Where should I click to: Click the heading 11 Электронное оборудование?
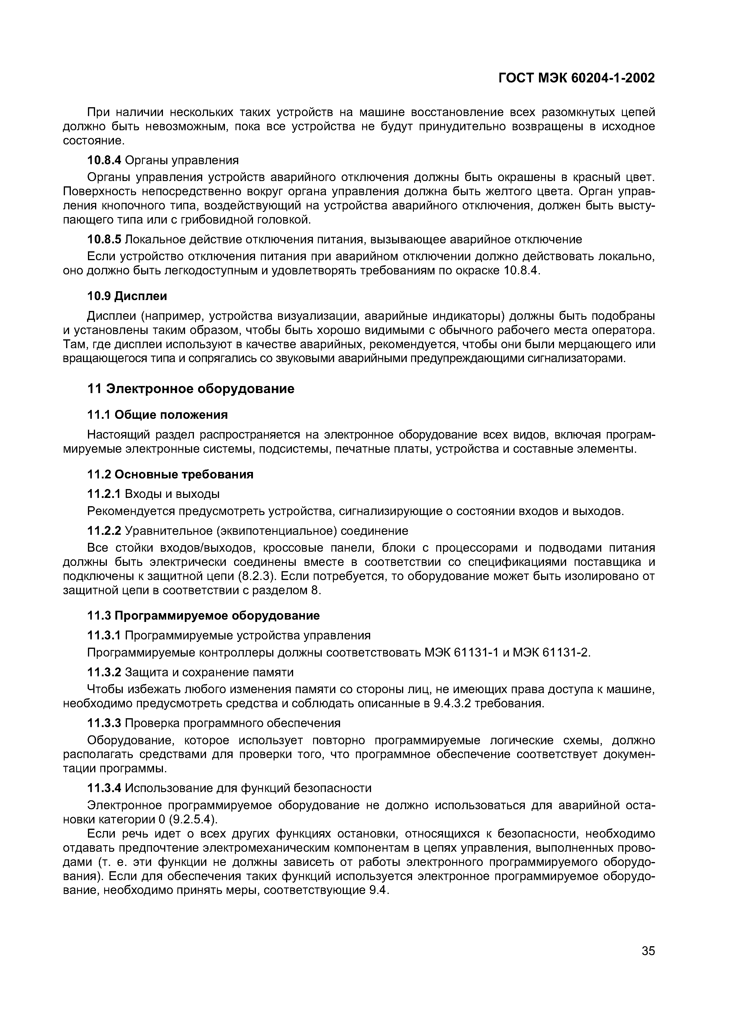coord(190,389)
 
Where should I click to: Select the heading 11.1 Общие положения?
coord(157,414)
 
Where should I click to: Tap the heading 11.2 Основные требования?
coord(170,474)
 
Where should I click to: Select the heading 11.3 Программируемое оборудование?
coord(203,615)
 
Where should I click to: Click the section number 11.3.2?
coord(104,672)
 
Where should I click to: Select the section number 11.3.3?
coord(104,723)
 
